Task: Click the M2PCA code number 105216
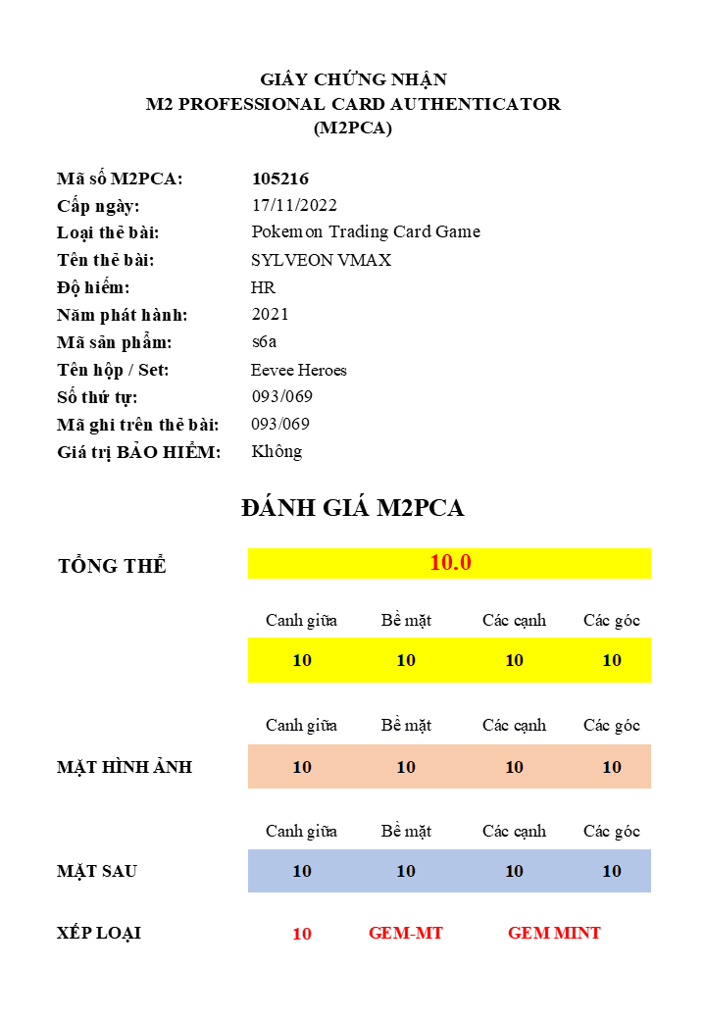pos(280,178)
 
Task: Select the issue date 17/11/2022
pos(294,205)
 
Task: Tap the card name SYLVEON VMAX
pos(321,260)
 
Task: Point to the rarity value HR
pos(263,287)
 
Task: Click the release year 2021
pos(271,314)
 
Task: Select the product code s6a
pos(265,342)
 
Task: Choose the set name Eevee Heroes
pos(299,370)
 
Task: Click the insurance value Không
pos(277,451)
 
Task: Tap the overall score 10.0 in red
pos(450,563)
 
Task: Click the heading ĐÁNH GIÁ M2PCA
pos(352,508)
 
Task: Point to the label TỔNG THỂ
pos(113,566)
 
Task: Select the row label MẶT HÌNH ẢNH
pos(125,767)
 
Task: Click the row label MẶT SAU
pos(97,871)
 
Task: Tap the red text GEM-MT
pos(406,933)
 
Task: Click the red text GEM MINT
pos(554,933)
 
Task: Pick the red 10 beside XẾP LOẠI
pos(302,934)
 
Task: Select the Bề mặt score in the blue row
pos(406,871)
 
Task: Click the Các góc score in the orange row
pos(612,767)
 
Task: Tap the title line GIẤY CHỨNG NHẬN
pos(353,79)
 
